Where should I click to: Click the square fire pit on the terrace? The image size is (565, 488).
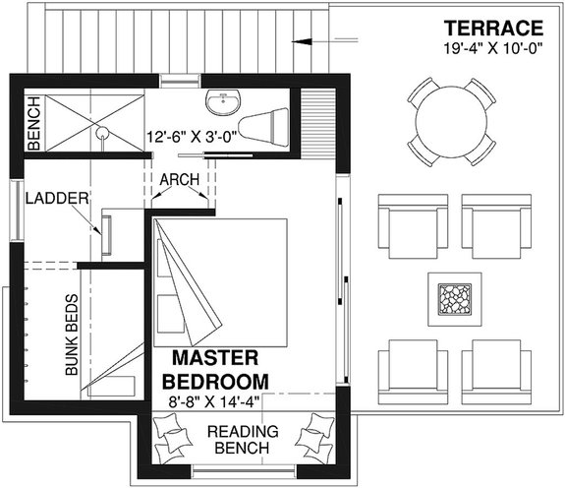click(x=453, y=297)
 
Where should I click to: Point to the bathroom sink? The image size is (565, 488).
click(x=222, y=102)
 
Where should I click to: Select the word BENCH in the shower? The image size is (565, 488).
click(x=33, y=124)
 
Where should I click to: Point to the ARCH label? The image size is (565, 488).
click(x=180, y=179)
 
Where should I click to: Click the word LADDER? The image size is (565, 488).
click(x=58, y=198)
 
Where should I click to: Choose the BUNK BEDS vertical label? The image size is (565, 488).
click(x=71, y=335)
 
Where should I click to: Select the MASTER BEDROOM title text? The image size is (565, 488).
click(x=215, y=368)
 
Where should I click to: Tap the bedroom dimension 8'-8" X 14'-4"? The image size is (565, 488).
click(x=215, y=400)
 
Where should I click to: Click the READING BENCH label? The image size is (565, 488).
click(x=243, y=441)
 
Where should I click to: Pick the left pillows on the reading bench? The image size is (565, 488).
click(x=173, y=435)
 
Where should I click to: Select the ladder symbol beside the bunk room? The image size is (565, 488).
click(x=108, y=234)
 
